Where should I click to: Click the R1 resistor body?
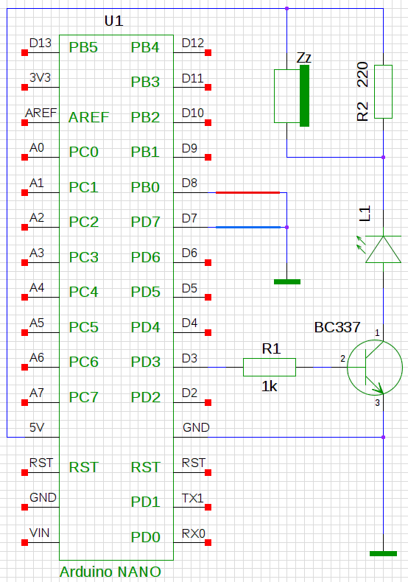click(270, 367)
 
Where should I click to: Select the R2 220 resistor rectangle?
click(383, 91)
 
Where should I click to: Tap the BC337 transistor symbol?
click(375, 367)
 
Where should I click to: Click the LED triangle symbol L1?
click(383, 250)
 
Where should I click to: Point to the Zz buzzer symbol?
click(292, 96)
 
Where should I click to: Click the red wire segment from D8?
click(247, 192)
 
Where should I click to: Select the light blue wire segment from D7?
click(248, 227)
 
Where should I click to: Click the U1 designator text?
click(113, 21)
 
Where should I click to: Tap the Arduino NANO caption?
click(110, 572)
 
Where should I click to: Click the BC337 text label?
click(337, 327)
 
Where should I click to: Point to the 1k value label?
click(270, 386)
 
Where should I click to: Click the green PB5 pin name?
click(83, 47)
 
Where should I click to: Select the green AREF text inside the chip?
click(88, 117)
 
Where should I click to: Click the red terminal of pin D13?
click(25, 53)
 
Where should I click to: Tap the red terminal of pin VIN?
click(25, 543)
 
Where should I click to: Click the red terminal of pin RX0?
click(208, 543)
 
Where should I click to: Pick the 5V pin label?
click(37, 427)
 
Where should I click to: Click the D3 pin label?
click(189, 358)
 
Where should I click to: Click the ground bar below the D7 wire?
click(287, 281)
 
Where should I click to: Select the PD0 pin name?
click(145, 537)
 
